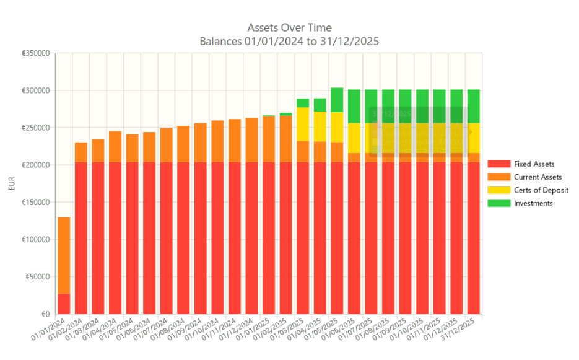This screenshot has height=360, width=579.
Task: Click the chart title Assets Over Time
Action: [x=289, y=27]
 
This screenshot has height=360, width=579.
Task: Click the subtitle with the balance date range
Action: [x=289, y=42]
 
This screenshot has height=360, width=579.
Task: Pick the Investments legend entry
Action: [x=533, y=203]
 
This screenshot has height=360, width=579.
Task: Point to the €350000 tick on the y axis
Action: [x=35, y=53]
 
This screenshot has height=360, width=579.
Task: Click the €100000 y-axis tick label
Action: [x=35, y=240]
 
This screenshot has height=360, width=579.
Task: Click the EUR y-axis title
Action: [x=13, y=184]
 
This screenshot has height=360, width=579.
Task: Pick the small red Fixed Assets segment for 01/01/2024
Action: [x=64, y=304]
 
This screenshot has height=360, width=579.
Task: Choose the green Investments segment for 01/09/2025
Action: [x=405, y=106]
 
